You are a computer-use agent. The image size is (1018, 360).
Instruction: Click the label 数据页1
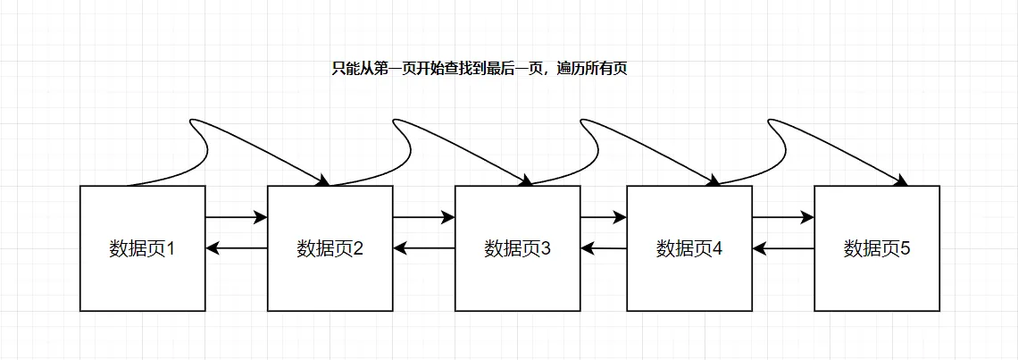tap(142, 248)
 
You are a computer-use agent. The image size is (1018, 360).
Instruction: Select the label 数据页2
tap(330, 248)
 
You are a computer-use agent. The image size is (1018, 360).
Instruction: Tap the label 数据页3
tap(517, 248)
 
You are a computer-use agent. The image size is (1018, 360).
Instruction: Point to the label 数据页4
tap(688, 248)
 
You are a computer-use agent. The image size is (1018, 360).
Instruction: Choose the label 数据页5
tap(876, 248)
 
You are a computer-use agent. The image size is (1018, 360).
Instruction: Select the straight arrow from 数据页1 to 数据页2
tap(237, 217)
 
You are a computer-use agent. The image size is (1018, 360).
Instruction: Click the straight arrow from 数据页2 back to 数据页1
tap(237, 248)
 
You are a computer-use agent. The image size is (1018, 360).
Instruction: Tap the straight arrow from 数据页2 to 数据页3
tap(424, 217)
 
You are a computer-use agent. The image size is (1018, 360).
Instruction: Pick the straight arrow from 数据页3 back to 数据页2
tap(424, 248)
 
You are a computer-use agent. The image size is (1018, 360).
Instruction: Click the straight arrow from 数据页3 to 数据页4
tap(604, 217)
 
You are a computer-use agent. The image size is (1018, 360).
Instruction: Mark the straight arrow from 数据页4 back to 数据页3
tap(604, 248)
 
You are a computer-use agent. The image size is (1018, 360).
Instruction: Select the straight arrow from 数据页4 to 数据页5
tap(783, 217)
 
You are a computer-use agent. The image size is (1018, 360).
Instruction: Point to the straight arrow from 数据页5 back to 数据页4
tap(783, 248)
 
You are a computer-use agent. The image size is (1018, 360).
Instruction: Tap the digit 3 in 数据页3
tap(545, 248)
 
